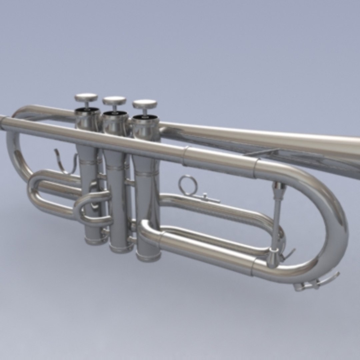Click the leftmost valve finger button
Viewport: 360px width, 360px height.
coord(86,98)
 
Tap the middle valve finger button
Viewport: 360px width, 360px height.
coord(114,100)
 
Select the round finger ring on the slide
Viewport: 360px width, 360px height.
coord(188,185)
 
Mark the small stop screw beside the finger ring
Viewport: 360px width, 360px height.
coord(205,197)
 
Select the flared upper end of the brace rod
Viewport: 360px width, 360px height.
coord(279,189)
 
